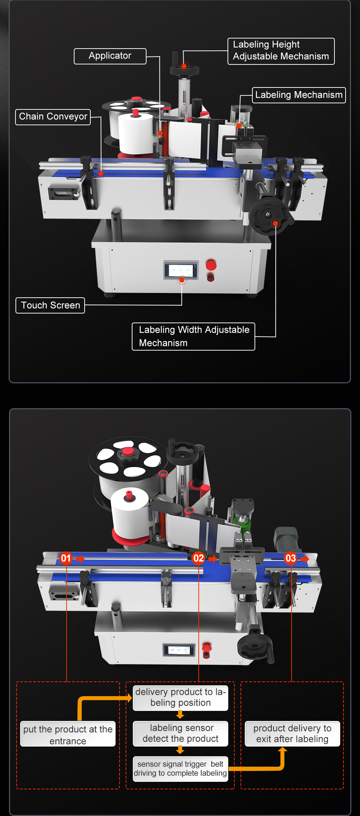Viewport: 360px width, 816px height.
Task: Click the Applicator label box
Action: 110,56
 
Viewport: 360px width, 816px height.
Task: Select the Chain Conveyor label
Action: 53,117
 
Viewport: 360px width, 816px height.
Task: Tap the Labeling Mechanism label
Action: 299,95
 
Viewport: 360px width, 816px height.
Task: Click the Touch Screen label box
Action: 50,305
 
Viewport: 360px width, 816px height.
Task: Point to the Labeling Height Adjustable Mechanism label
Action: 281,51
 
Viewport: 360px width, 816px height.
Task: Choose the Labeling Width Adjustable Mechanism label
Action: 194,336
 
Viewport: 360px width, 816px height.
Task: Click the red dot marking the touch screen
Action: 182,280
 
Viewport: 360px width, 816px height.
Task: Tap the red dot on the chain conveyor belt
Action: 101,174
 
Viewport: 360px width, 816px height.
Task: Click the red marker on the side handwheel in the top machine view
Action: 275,224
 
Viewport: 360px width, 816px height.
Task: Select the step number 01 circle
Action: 66,558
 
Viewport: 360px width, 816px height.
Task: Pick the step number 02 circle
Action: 198,558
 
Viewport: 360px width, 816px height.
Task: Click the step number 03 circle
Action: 291,558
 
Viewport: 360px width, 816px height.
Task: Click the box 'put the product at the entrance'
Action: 68,735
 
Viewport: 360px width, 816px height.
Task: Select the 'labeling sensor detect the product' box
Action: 180,733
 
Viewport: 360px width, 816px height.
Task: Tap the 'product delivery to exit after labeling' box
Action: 292,734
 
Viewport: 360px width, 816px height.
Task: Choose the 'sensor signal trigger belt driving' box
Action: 180,768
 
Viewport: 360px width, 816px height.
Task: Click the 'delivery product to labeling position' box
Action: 180,698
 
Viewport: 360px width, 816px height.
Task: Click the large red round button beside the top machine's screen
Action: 211,266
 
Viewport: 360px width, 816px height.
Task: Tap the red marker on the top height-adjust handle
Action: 184,66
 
